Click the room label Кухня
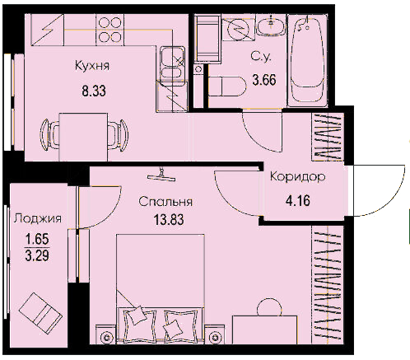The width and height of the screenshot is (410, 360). coord(92,66)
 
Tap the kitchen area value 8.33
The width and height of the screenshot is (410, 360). coord(94,91)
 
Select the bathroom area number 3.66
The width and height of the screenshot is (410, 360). coord(264,80)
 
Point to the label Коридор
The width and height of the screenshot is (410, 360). coord(298,176)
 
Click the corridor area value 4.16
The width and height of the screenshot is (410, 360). coord(298,201)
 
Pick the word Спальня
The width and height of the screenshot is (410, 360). coord(165,202)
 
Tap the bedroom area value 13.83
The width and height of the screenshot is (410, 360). coord(169,220)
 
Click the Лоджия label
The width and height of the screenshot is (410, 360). coord(38,219)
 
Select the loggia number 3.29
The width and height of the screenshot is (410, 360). coord(37,256)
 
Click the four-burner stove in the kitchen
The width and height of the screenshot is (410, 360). coord(109,30)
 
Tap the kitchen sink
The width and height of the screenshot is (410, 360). coord(172,63)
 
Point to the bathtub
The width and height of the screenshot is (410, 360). coord(307,60)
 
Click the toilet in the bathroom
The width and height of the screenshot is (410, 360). coord(226,86)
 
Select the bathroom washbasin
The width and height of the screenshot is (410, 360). coord(271,25)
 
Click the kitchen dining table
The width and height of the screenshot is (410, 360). coord(83,137)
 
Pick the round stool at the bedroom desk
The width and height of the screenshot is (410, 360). coord(269,307)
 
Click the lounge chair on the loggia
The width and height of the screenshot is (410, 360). coord(40,310)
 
